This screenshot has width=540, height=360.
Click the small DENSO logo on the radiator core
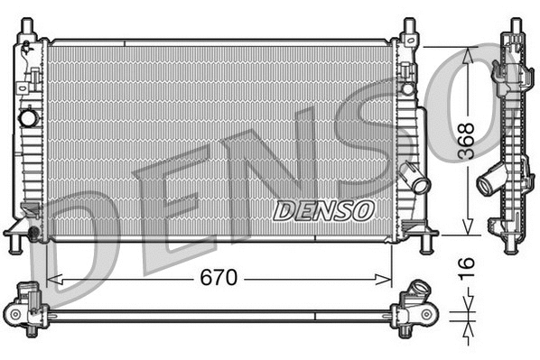[x=323, y=210]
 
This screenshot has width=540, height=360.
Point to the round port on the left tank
[x=29, y=117]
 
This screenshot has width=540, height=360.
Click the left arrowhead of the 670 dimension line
[x=51, y=278]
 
